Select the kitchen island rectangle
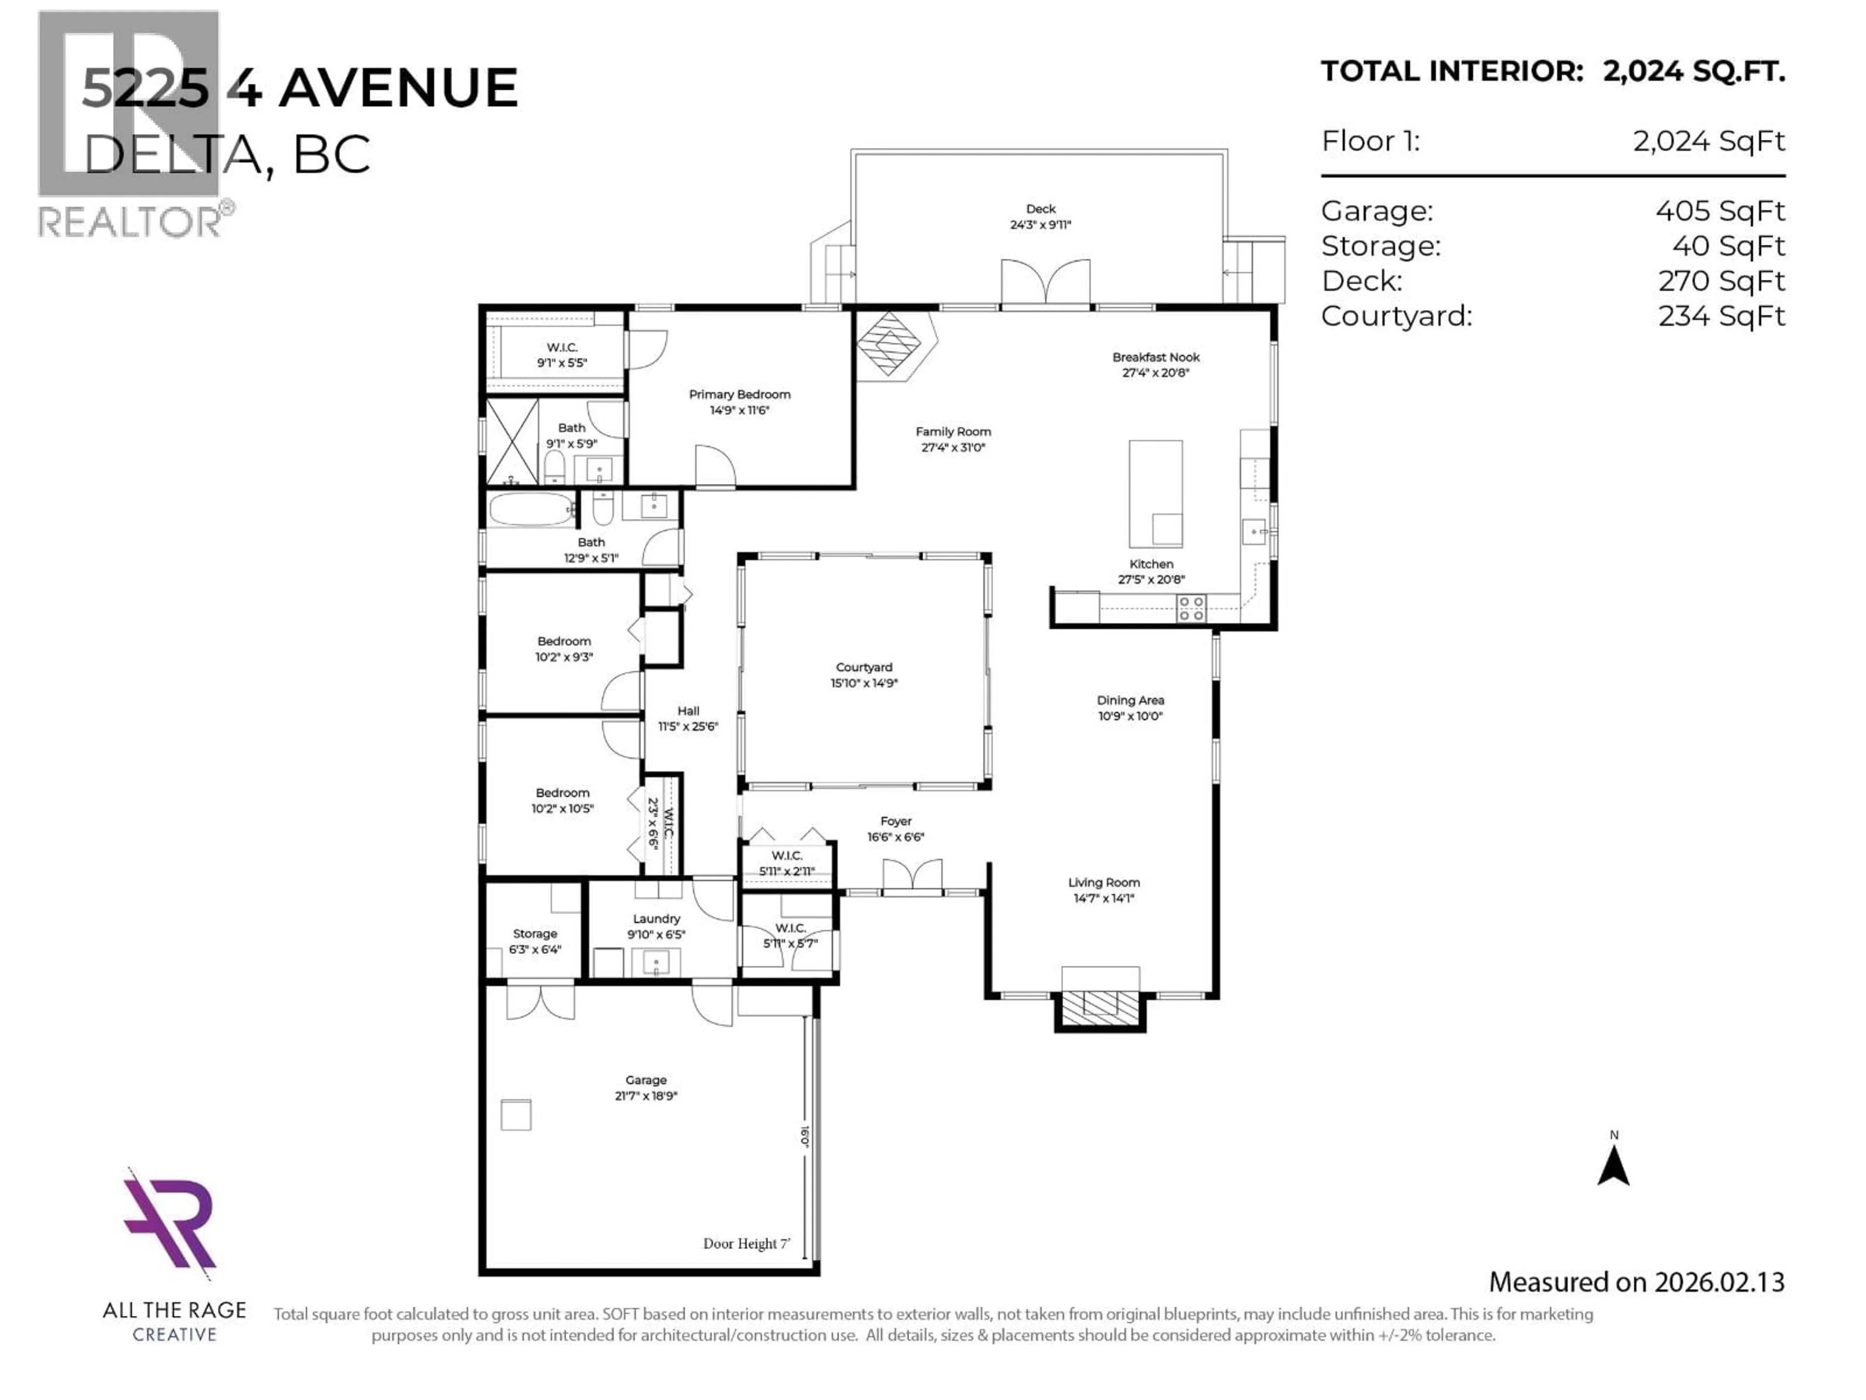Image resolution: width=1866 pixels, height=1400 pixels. coord(1155,494)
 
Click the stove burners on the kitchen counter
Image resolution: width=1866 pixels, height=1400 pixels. coord(1191,609)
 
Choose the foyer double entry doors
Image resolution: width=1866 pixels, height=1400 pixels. coord(912,876)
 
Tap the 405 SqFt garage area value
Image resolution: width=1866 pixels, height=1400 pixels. coord(1720,211)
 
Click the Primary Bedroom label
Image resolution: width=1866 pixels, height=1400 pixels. coord(739,394)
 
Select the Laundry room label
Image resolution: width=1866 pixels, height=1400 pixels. coord(657,919)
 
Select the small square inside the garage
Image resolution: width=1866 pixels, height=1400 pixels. coord(516,1115)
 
